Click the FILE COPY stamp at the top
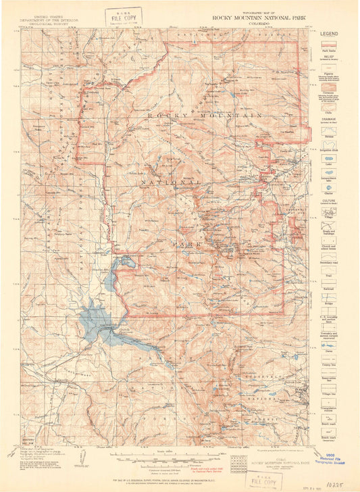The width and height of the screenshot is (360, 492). (124, 16)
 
